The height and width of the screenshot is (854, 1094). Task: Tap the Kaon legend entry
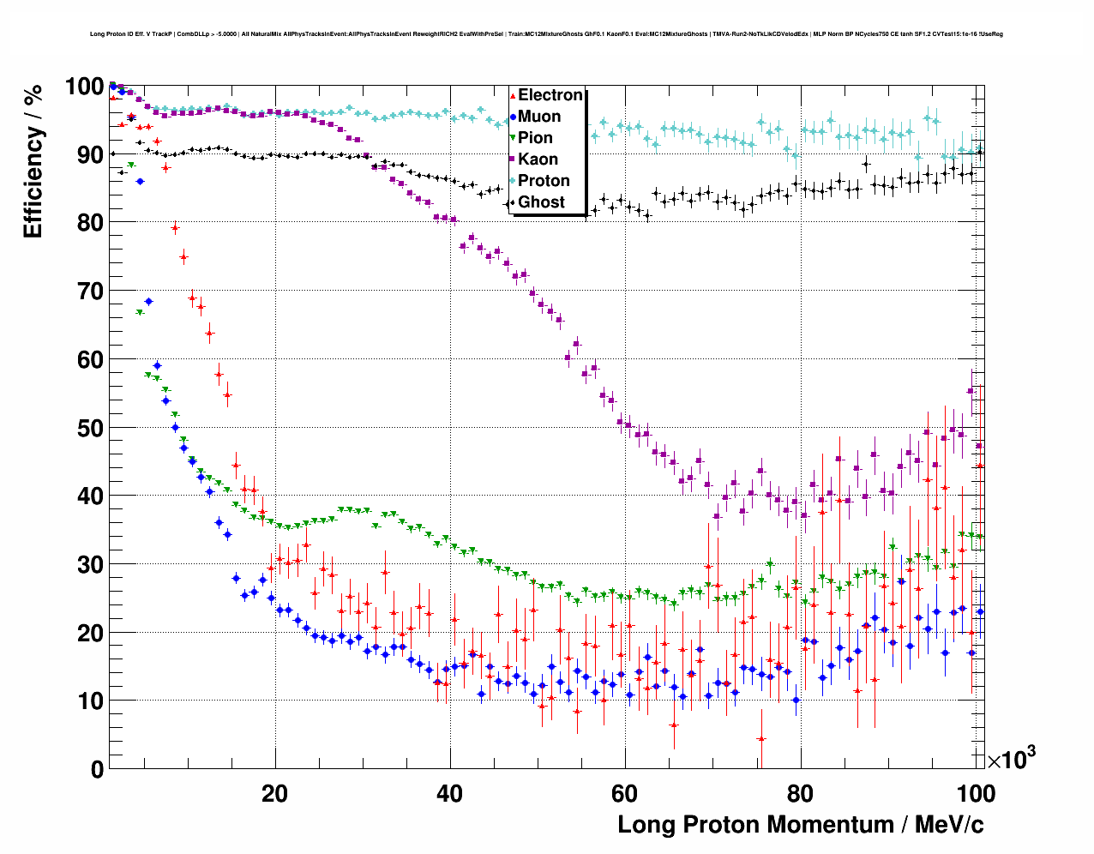[537, 159]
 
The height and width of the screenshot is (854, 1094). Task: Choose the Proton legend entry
[543, 181]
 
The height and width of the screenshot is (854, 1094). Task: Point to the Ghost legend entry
[541, 202]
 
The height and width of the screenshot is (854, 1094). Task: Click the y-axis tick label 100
[85, 87]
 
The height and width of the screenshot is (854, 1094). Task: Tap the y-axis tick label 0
[97, 770]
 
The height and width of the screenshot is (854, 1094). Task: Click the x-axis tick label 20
[275, 794]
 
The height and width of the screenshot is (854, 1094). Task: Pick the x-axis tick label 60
[625, 794]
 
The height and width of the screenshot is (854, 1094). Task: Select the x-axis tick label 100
[975, 794]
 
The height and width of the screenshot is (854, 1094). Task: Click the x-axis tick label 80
[800, 794]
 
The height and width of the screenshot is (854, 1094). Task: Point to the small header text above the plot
[546, 34]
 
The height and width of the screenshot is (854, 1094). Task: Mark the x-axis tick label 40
[450, 794]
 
